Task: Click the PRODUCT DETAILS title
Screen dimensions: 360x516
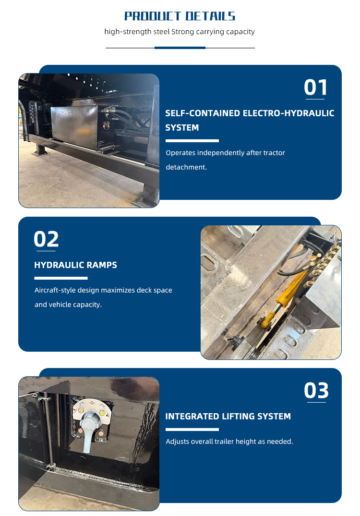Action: tap(180, 16)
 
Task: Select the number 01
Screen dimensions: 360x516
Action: tap(316, 87)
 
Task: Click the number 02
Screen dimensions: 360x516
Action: tap(46, 239)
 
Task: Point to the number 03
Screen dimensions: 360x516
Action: tap(316, 390)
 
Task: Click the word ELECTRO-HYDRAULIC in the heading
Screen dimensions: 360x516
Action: tap(288, 113)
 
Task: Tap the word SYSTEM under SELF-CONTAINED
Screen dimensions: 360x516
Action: tap(182, 128)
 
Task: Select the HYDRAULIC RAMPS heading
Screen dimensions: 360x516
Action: tap(76, 265)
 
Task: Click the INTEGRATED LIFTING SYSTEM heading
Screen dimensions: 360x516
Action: tap(228, 416)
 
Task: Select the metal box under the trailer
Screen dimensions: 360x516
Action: tap(74, 127)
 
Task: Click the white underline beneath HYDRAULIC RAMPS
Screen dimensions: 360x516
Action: tap(61, 278)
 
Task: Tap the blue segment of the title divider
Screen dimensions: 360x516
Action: tap(180, 48)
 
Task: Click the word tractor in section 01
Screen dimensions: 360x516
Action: tap(274, 153)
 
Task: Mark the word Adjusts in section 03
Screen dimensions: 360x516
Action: tap(178, 442)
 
